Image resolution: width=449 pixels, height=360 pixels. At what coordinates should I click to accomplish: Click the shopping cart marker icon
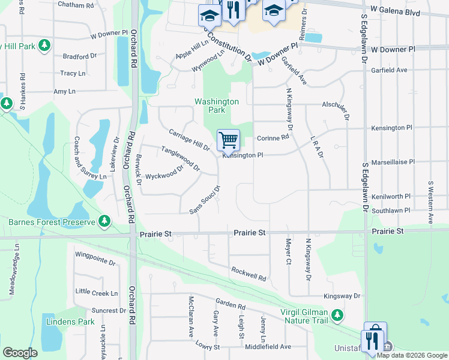point(228,141)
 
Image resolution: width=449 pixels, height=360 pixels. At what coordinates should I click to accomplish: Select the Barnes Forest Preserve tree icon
point(105,221)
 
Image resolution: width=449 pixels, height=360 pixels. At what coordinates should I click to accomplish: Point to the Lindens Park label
point(70,322)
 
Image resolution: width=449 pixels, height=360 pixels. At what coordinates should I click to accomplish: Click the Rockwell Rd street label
point(248,273)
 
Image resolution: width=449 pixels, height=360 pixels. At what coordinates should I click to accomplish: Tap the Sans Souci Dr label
point(205,200)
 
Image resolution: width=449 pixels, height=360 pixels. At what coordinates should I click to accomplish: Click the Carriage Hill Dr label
point(189,140)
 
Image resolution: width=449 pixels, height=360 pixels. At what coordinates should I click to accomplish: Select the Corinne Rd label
point(273,137)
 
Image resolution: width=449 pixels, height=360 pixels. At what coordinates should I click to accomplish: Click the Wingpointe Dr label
point(95,258)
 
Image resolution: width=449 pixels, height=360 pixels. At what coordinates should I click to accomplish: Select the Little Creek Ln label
point(97,292)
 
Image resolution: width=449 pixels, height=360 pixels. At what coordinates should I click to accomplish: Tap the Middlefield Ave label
point(268,346)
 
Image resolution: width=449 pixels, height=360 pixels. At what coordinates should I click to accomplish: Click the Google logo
point(20,353)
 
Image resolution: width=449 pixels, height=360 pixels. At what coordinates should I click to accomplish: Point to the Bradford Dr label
point(80,56)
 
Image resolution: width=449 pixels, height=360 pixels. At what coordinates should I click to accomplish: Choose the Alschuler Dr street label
point(335,107)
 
